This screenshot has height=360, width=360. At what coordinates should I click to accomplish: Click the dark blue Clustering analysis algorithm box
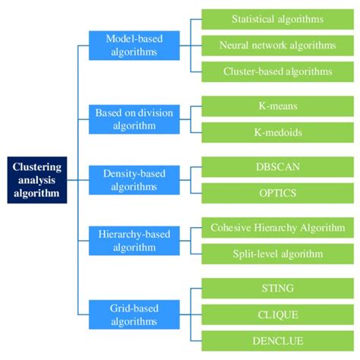click(x=37, y=180)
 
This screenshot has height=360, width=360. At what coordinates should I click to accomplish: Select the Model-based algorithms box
click(x=134, y=45)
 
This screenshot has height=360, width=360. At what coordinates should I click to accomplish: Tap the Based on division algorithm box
click(x=134, y=119)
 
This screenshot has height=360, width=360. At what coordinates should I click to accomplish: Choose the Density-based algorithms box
click(x=134, y=180)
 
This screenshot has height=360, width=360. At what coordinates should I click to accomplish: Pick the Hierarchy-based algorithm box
click(x=134, y=240)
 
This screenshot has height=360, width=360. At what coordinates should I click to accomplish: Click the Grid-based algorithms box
click(x=134, y=314)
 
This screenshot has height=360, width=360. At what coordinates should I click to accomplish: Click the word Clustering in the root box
click(x=37, y=168)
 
